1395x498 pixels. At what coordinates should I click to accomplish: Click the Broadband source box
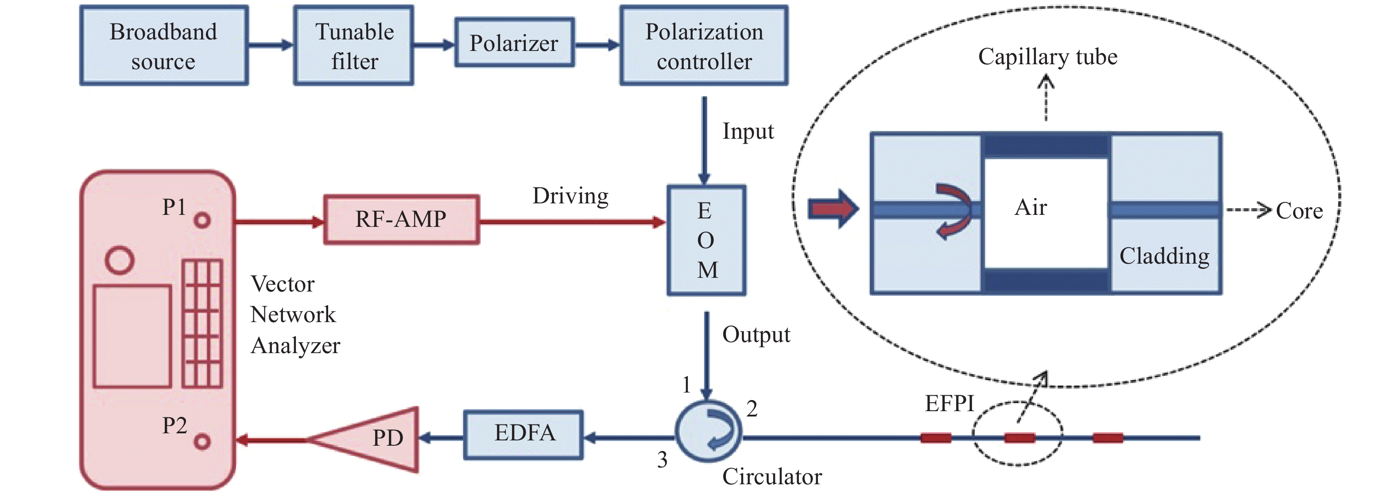pyautogui.click(x=163, y=46)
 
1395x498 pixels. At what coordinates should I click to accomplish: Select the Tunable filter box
pyautogui.click(x=354, y=46)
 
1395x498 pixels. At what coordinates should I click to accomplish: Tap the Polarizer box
pyautogui.click(x=514, y=43)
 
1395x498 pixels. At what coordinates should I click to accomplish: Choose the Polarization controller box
pyautogui.click(x=703, y=46)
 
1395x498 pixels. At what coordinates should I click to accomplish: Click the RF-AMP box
pyautogui.click(x=401, y=219)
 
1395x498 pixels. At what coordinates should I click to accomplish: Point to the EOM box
pyautogui.click(x=706, y=240)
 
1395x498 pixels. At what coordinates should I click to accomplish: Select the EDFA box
pyautogui.click(x=523, y=435)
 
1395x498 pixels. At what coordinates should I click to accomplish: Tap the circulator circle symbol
pyautogui.click(x=708, y=431)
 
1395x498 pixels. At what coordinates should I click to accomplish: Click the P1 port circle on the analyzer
pyautogui.click(x=202, y=221)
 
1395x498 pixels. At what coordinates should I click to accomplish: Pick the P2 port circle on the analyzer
pyautogui.click(x=202, y=442)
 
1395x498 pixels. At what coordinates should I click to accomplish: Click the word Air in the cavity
pyautogui.click(x=1031, y=207)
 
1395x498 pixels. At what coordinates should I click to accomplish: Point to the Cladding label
pyautogui.click(x=1164, y=256)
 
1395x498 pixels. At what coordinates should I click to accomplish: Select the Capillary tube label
pyautogui.click(x=1047, y=57)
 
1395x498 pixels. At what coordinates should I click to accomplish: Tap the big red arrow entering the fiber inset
pyautogui.click(x=832, y=209)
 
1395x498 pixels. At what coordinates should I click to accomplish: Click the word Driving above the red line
pyautogui.click(x=570, y=196)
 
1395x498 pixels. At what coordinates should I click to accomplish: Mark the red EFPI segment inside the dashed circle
pyautogui.click(x=1020, y=437)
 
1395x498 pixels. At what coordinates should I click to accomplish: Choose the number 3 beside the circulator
pyautogui.click(x=662, y=459)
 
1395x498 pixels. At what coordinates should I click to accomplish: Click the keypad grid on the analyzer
pyautogui.click(x=202, y=323)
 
